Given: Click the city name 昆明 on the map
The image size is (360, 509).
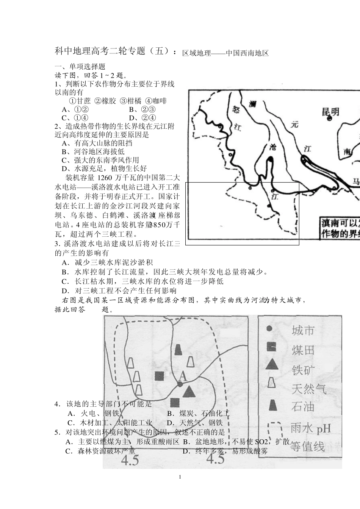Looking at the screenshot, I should tap(330, 112).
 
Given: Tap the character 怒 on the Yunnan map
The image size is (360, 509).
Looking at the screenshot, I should tap(235, 109).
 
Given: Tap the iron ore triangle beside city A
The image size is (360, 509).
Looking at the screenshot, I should tap(189, 391).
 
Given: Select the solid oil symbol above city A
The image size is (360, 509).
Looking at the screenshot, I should tap(178, 350).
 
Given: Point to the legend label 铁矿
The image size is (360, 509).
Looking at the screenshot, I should tap(303, 369).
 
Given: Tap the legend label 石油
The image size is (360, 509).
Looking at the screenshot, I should tap(303, 407).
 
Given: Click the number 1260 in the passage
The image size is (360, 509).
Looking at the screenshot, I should tap(108, 178).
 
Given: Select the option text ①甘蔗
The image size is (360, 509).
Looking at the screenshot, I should tap(80, 101).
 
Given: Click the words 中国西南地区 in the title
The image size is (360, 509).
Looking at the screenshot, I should tap(247, 53).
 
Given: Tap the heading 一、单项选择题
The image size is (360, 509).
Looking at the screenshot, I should tap(80, 67).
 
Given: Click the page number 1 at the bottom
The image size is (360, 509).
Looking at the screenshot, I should tap(180, 477).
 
